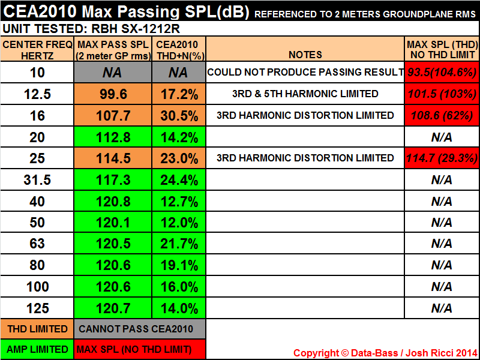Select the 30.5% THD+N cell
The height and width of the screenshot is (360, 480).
point(179,116)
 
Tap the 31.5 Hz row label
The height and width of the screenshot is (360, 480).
point(38,180)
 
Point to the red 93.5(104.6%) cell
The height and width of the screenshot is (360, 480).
point(442,73)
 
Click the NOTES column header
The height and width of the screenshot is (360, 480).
point(305,55)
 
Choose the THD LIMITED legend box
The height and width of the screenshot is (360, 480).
point(38,329)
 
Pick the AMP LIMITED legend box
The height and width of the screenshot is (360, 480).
point(38,349)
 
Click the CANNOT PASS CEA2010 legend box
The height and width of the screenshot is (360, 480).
point(140,329)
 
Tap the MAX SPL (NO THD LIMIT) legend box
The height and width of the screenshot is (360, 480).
point(140,349)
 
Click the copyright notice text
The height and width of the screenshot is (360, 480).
point(385,352)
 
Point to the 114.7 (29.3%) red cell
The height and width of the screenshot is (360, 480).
point(442,158)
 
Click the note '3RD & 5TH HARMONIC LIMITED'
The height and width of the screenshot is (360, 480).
point(305,94)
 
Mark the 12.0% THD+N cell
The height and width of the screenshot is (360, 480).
point(179,223)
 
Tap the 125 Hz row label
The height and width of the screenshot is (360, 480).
point(38,309)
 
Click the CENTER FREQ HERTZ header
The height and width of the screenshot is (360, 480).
point(38,49)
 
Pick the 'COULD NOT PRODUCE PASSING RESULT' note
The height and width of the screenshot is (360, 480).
point(305,73)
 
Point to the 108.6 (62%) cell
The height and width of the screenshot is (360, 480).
point(442,116)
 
